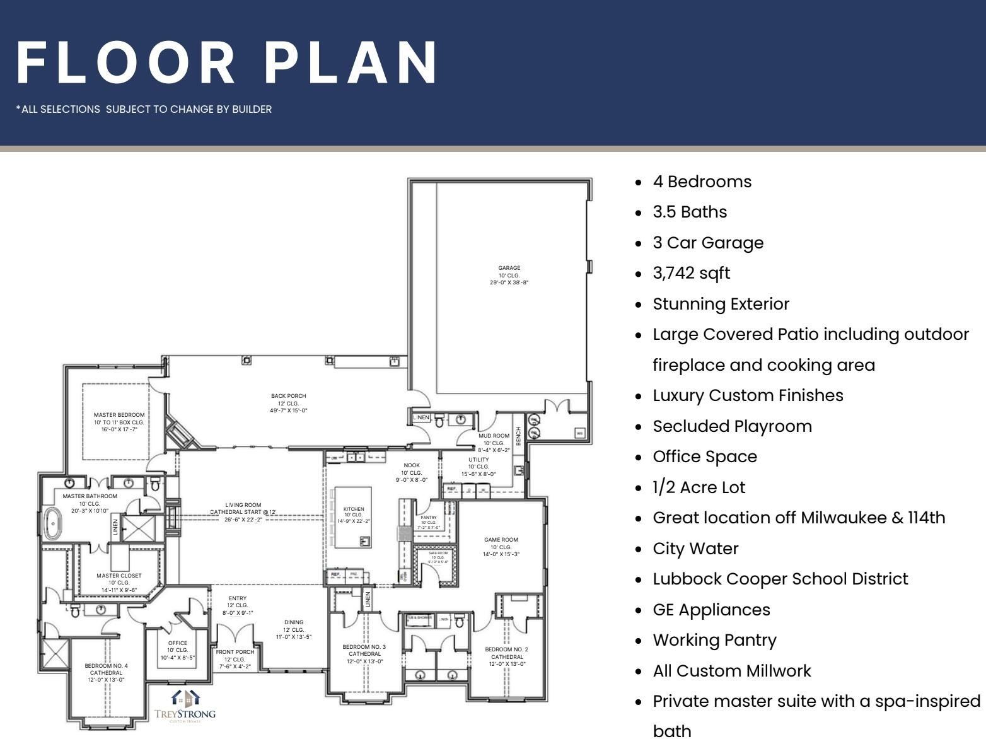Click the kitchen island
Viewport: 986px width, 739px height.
[x=353, y=517]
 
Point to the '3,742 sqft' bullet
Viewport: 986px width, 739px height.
[x=691, y=273]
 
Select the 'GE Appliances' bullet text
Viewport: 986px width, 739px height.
[x=711, y=610]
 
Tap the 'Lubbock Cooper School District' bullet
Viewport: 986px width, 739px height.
[x=780, y=579]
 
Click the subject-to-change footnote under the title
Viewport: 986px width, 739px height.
[x=144, y=109]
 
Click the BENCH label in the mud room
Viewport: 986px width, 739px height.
[x=519, y=436]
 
